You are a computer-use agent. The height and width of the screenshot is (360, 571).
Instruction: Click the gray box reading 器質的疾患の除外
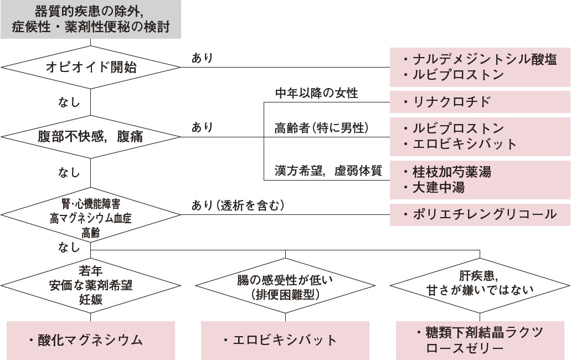point(91,19)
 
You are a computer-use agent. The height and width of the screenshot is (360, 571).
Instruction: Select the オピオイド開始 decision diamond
point(91,68)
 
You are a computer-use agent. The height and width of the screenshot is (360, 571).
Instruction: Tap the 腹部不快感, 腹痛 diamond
point(91,137)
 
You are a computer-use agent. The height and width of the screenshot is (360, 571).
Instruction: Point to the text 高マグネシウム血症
point(90,216)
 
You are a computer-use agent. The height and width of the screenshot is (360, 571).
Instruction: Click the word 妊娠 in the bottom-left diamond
point(90,300)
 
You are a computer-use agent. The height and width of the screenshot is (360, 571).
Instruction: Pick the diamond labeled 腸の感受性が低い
point(285,286)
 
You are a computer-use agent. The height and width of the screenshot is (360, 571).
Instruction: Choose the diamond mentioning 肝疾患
point(480,283)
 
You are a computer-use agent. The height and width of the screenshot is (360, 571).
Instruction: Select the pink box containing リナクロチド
point(480,102)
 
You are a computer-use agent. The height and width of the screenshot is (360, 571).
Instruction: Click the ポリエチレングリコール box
point(480,214)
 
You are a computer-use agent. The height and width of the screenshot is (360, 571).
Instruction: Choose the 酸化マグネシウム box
point(91,340)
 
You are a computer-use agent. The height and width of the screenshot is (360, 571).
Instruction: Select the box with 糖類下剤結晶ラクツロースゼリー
point(480,340)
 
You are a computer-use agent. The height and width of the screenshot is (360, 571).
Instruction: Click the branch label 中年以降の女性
point(317,93)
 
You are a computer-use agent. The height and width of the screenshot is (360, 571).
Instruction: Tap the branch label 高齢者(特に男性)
point(321,128)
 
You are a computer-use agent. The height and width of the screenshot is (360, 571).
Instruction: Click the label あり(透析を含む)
point(238,206)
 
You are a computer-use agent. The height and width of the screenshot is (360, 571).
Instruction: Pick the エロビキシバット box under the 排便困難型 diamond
point(285,340)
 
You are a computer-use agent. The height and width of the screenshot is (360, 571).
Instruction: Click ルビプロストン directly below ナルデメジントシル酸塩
point(458,75)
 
